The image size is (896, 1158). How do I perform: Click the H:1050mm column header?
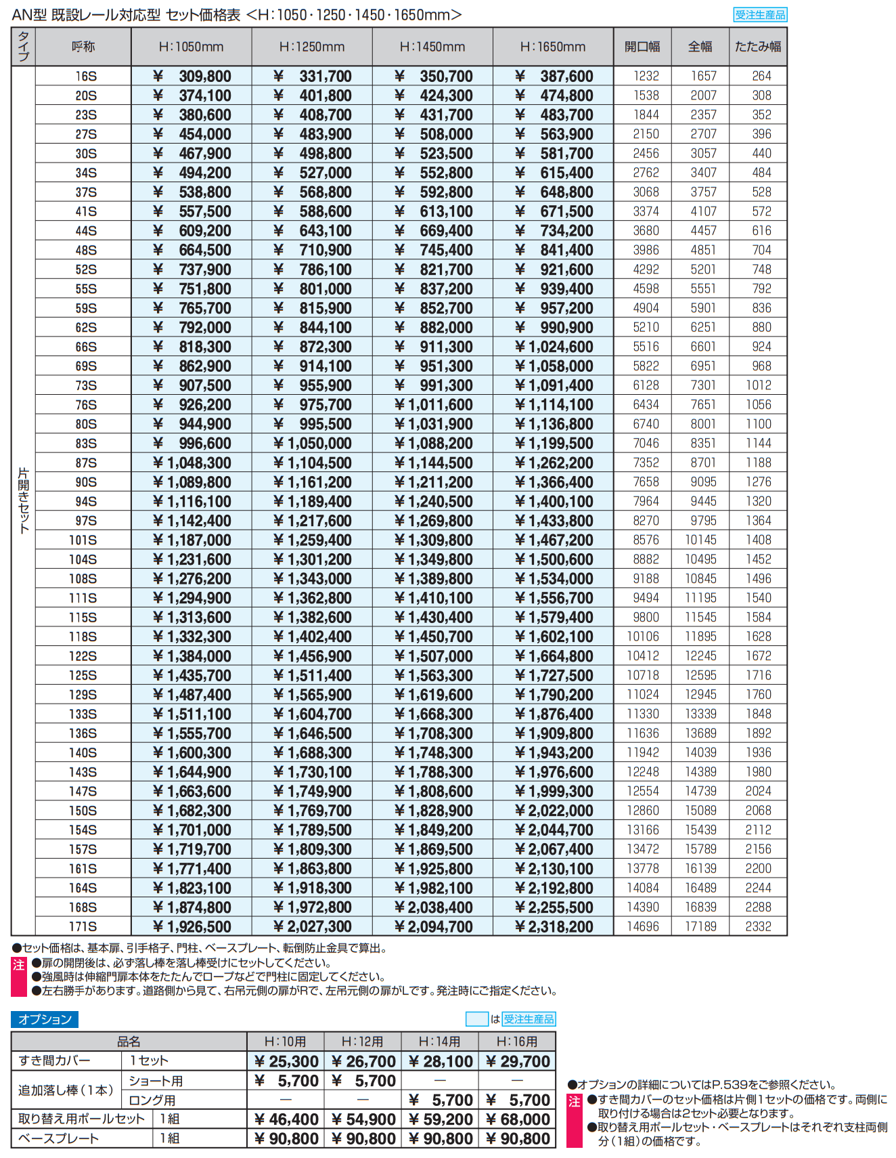point(191,47)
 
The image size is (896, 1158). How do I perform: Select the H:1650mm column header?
point(552,47)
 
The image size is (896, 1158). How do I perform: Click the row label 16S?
point(85,77)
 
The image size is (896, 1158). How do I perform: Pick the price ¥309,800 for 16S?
point(192,77)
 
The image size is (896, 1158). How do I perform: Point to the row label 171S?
point(83,926)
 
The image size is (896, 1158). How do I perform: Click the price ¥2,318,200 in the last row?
point(553,926)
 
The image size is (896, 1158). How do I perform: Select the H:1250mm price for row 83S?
point(312,444)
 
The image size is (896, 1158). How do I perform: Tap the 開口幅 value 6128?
point(646,385)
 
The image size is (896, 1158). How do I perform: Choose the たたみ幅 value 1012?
point(758,385)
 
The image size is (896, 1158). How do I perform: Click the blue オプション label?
point(45,1019)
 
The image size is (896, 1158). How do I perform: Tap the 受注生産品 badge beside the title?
point(760,15)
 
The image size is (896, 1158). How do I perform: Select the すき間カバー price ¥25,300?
point(286,1061)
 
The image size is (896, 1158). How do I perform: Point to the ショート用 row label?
point(156,1081)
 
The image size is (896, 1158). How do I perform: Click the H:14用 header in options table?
point(439,1042)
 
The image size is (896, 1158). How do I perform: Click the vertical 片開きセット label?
point(24,500)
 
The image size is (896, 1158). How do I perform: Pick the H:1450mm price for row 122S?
point(433,656)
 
